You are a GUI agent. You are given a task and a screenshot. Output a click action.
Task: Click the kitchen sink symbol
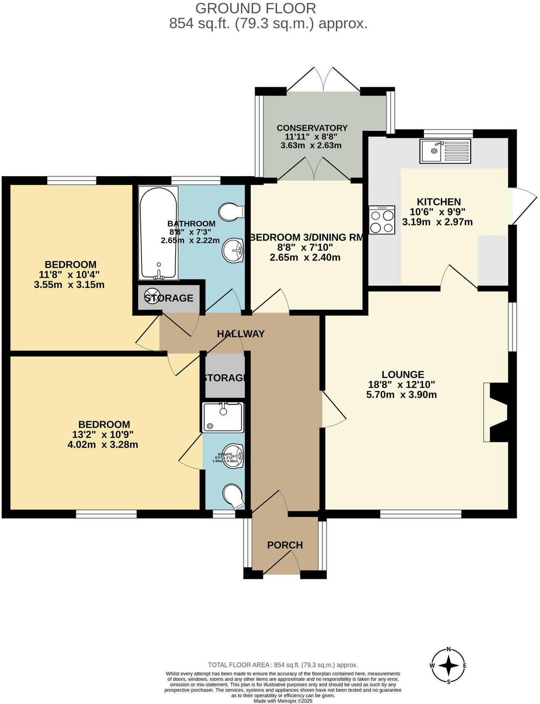pyautogui.click(x=445, y=151)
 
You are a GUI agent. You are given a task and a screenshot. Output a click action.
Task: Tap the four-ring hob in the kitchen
pyautogui.click(x=382, y=220)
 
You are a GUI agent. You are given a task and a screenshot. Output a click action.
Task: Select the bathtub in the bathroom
pyautogui.click(x=158, y=233)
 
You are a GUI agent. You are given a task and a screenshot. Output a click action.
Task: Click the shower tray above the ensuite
pyautogui.click(x=223, y=417)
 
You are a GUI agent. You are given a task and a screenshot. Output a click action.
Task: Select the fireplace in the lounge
pyautogui.click(x=496, y=412)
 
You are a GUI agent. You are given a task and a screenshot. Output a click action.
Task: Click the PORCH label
pyautogui.click(x=285, y=545)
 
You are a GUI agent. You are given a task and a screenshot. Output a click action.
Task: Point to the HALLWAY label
pyautogui.click(x=240, y=334)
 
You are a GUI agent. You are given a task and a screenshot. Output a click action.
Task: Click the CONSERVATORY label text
pyautogui.click(x=312, y=128)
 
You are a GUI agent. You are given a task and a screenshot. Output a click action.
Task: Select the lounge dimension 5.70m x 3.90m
pyautogui.click(x=401, y=395)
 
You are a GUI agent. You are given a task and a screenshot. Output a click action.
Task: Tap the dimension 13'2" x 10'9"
pyautogui.click(x=103, y=435)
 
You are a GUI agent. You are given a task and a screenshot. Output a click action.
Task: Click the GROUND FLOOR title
pyautogui.click(x=256, y=9)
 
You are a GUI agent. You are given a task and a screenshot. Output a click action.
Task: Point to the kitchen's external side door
pyautogui.click(x=524, y=206)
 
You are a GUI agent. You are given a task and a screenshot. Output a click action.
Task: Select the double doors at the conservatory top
pyautogui.click(x=323, y=80)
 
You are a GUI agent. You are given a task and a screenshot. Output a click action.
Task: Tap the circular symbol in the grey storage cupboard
pyautogui.click(x=152, y=296)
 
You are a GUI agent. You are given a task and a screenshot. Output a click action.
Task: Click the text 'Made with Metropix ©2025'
pyautogui.click(x=282, y=701)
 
